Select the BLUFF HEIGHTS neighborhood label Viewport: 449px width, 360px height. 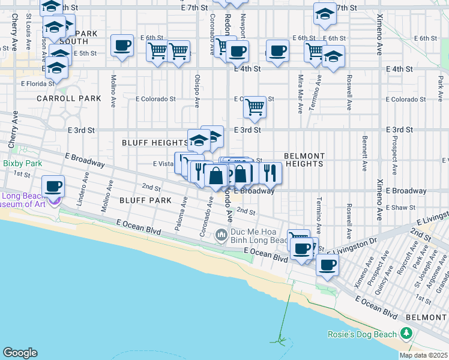click(155, 143)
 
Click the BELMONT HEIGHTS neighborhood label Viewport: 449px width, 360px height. click(304, 159)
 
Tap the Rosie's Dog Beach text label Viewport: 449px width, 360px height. click(362, 334)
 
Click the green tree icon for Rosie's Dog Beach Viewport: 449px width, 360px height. click(407, 333)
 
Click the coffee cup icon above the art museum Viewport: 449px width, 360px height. click(53, 186)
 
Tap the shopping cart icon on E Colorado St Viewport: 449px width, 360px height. click(255, 107)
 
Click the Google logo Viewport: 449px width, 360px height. click(20, 353)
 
